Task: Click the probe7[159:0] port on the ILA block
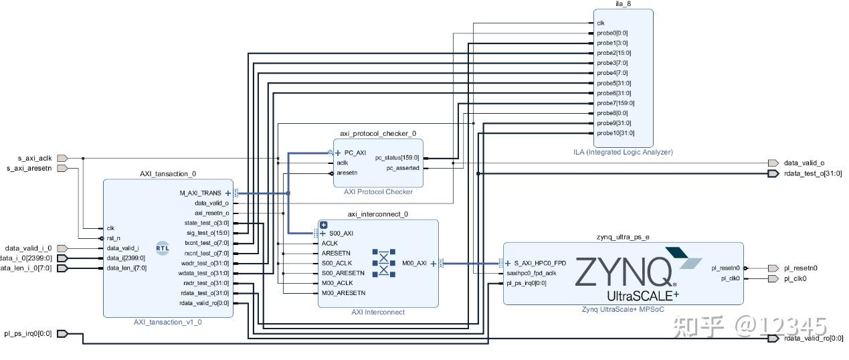(615, 103)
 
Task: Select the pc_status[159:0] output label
(397, 158)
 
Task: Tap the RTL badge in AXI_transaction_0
(163, 248)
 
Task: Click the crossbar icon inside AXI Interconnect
(383, 264)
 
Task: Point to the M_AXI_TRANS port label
(201, 193)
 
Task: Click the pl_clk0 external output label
(795, 278)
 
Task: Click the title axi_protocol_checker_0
(377, 133)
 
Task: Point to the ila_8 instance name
(622, 4)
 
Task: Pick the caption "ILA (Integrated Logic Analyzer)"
(622, 152)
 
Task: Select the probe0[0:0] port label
(612, 33)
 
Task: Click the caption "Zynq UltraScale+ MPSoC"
(623, 309)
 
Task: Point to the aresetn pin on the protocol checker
(347, 173)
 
